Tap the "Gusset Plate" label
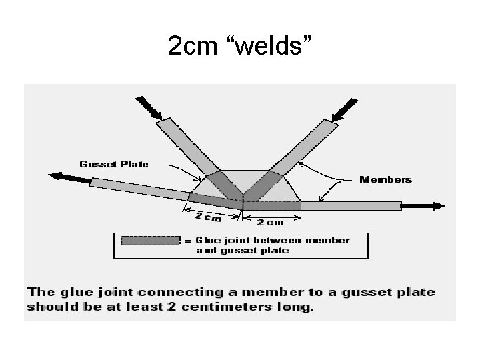click(114, 163)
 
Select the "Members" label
click(385, 179)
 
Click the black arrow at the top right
click(344, 108)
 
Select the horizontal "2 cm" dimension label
click(271, 221)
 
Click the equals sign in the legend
click(189, 241)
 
